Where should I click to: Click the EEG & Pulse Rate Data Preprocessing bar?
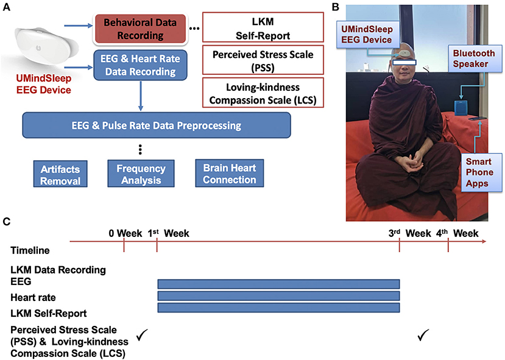coord(155,125)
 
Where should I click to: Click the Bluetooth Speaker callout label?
coord(473,59)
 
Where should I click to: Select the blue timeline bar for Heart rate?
coord(278,296)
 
